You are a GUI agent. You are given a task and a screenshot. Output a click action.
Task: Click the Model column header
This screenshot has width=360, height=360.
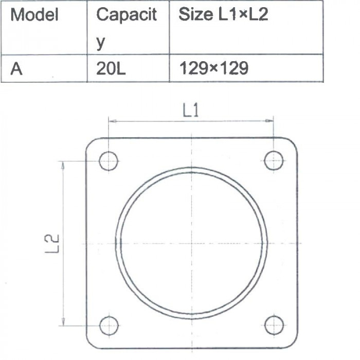34,14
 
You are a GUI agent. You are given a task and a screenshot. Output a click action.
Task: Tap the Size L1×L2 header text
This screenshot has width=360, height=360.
223,14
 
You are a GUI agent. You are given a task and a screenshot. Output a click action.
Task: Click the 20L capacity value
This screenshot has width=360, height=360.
111,68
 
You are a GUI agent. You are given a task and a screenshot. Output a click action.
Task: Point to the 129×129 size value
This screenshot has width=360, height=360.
214,68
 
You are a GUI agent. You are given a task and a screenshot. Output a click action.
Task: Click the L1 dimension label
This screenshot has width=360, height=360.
191,110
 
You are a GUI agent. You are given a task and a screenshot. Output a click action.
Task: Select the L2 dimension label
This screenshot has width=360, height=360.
51,244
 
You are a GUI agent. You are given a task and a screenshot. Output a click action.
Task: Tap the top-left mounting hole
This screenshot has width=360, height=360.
109,161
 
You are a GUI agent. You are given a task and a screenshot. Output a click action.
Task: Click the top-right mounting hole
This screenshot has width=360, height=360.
274,160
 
